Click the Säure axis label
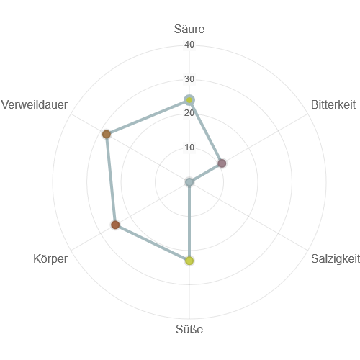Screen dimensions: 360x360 coord(189,29)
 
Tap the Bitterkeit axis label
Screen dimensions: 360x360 coord(333,104)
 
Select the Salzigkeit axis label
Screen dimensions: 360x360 coord(336,258)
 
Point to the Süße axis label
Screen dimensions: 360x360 coord(189,329)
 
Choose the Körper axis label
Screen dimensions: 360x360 coord(50,258)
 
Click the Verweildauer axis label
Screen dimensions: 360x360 coord(35,104)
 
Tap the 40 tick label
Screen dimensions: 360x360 coord(189,45)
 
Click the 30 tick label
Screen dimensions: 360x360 coord(189,78)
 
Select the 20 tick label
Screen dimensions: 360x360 coord(189,113)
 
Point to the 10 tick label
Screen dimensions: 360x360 coord(189,147)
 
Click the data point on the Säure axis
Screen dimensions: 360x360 coord(189,100)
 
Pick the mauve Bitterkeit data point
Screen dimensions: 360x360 coord(222,163)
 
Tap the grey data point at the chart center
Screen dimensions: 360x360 coord(189,182)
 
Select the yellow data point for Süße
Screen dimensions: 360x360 coord(189,261)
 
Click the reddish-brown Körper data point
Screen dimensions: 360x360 coord(115,225)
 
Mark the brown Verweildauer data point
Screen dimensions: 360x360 coord(107,134)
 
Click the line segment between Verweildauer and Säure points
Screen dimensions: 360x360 coord(148,117)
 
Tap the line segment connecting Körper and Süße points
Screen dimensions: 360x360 coord(153,243)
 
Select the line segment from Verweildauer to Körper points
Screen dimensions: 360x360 coord(111,179)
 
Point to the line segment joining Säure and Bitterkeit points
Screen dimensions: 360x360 coord(206,132)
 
